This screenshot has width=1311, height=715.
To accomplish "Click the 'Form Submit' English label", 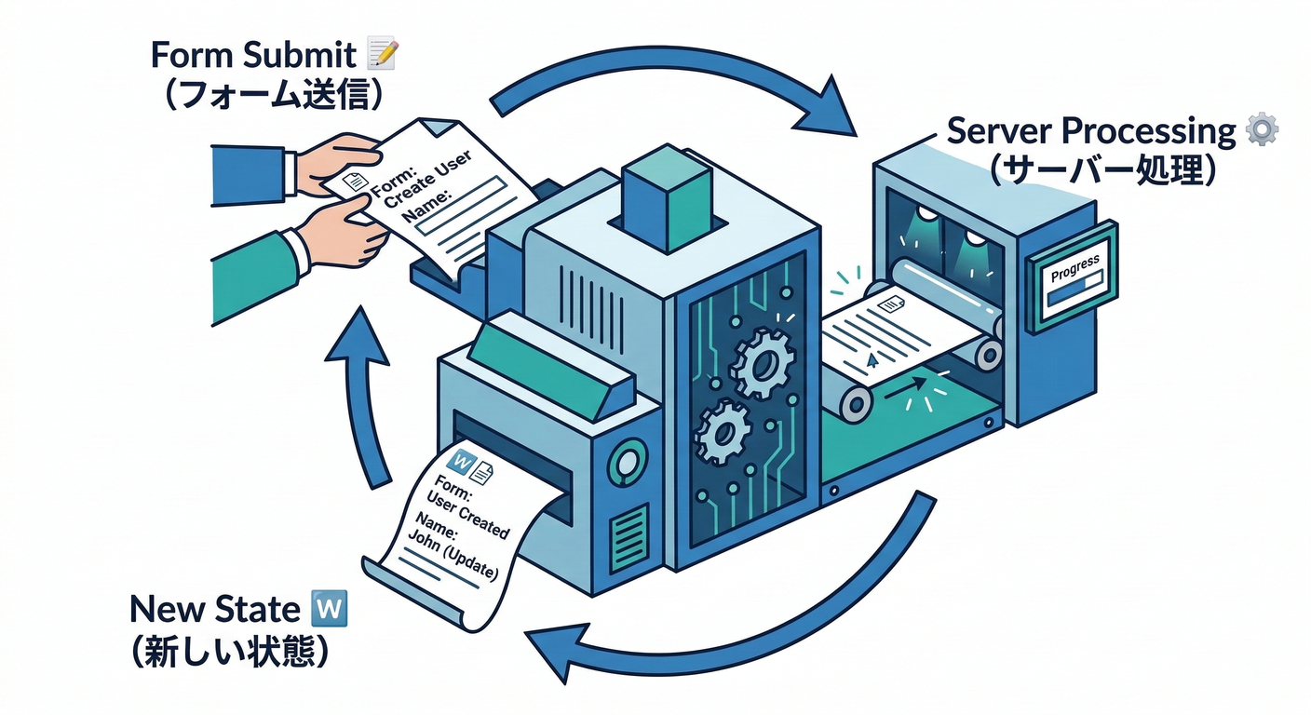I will tap(253, 57).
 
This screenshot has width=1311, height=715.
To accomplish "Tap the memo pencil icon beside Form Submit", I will tap(382, 55).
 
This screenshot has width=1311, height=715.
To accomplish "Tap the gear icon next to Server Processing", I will tap(1262, 131).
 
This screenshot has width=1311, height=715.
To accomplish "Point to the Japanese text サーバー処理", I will tap(1100, 170).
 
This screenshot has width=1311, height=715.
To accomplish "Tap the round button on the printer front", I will tap(623, 463).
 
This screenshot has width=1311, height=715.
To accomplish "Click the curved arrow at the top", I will tap(670, 84).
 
